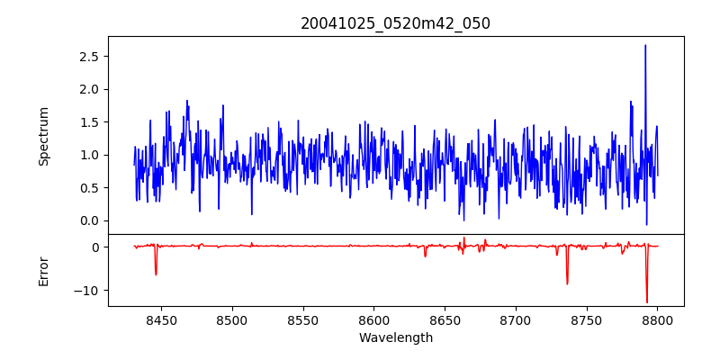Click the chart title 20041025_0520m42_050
395,23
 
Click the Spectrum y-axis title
43,136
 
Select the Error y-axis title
43,270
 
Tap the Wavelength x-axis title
395,338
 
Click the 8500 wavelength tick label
231,319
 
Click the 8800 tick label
657,319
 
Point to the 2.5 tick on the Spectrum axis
89,56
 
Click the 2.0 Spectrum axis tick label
89,89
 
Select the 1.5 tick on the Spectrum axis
89,121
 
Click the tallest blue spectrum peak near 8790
645,46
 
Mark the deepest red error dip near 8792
646,301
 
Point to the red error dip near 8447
156,274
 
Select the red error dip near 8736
567,283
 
